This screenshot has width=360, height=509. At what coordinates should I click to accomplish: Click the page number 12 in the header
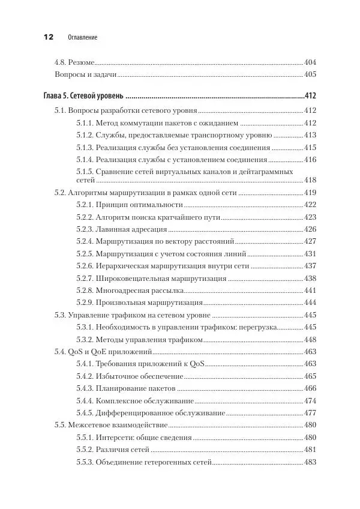(x=47, y=37)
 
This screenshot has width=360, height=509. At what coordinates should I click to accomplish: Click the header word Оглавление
(x=80, y=37)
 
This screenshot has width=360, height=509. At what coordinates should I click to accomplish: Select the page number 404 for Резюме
(x=310, y=62)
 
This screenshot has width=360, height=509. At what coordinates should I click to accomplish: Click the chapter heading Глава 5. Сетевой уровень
(x=83, y=95)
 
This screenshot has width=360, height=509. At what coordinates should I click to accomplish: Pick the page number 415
(x=310, y=147)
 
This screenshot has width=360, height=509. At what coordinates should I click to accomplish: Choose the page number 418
(x=310, y=180)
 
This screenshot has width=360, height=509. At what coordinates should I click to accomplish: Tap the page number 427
(x=310, y=241)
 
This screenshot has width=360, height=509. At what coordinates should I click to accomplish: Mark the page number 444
(x=310, y=303)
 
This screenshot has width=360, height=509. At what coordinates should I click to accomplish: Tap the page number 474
(x=310, y=401)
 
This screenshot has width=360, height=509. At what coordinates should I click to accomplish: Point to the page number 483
(x=310, y=462)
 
